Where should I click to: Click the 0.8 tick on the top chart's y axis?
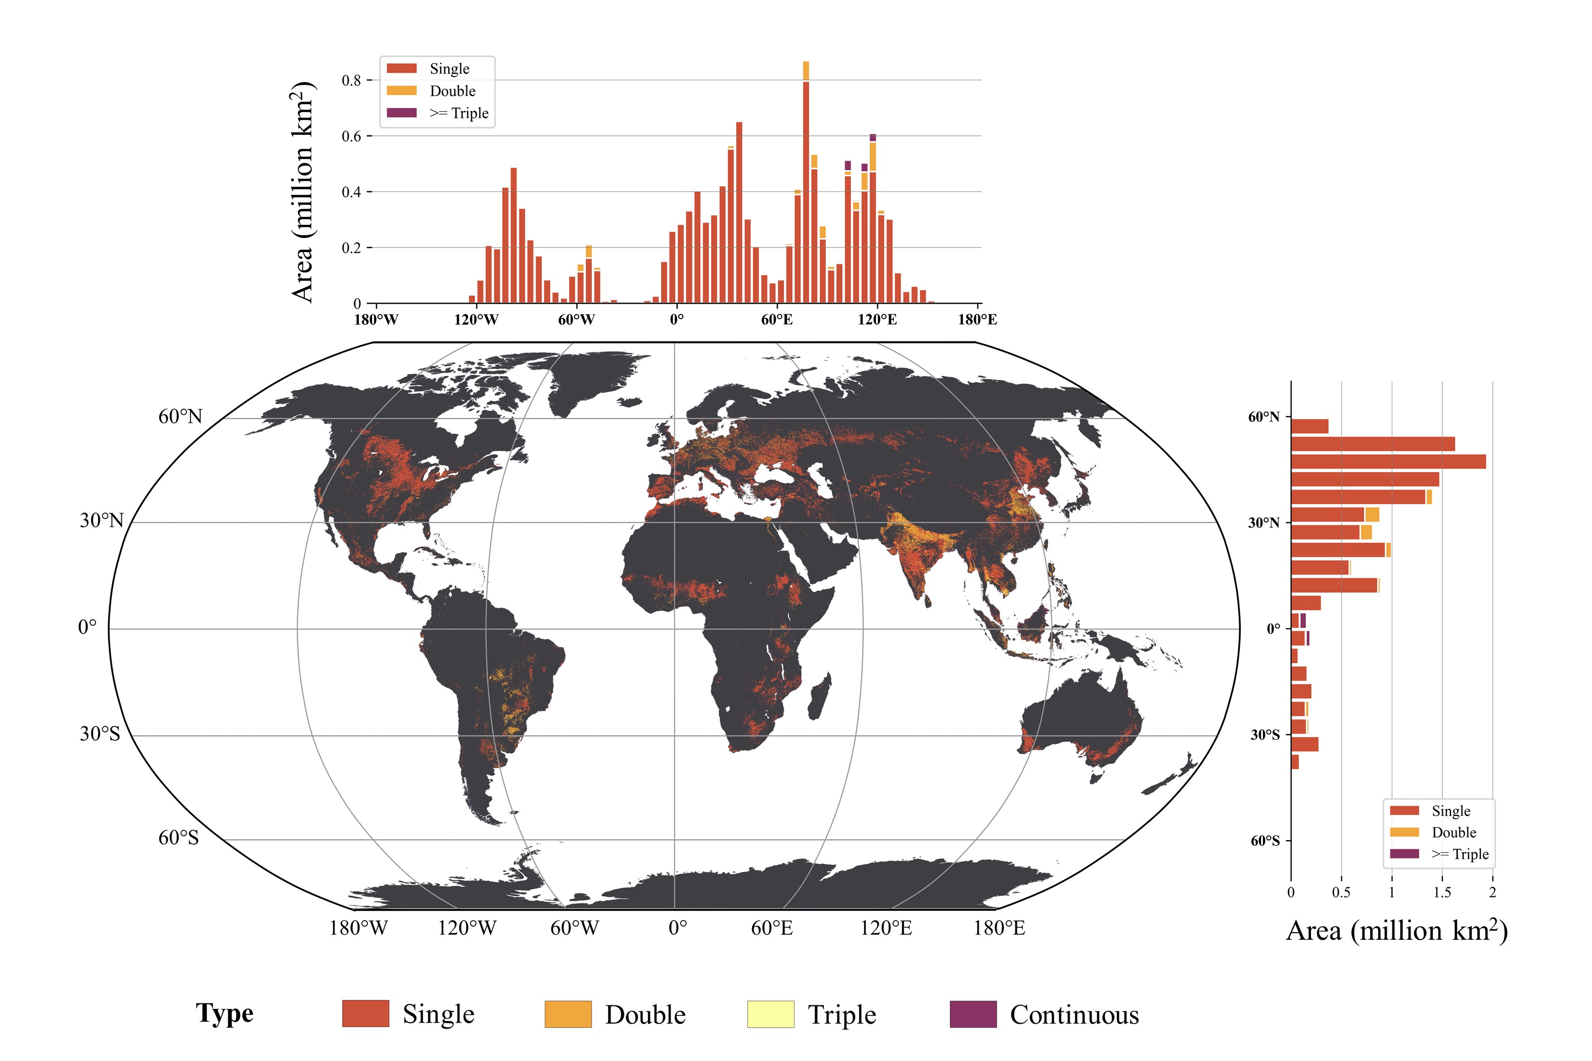351,80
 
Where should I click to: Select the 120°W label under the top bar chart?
476,319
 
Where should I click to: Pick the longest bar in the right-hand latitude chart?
1388,461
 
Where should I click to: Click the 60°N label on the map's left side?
180,416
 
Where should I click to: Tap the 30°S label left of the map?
100,734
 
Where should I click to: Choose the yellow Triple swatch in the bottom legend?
770,1014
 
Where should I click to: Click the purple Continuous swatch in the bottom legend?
973,1014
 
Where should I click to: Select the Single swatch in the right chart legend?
1404,810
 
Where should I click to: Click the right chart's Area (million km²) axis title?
1396,931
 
